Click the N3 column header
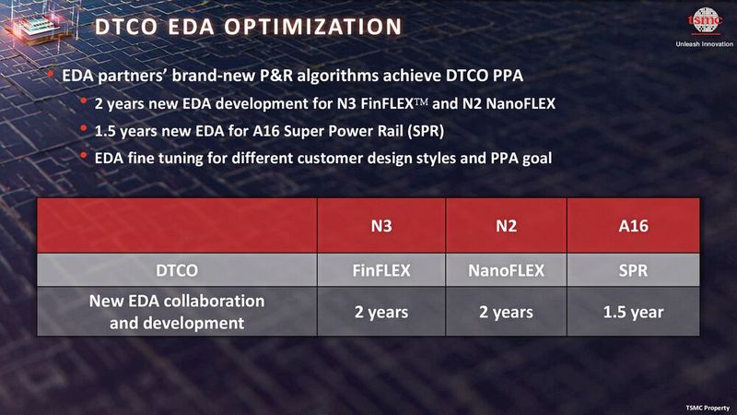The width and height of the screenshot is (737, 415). [x=381, y=227]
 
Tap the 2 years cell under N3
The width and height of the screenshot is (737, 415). [x=381, y=313]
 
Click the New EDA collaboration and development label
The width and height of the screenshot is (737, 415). [x=176, y=313]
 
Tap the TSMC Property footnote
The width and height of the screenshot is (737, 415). [x=706, y=405]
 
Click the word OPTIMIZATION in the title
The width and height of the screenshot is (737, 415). [x=309, y=27]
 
